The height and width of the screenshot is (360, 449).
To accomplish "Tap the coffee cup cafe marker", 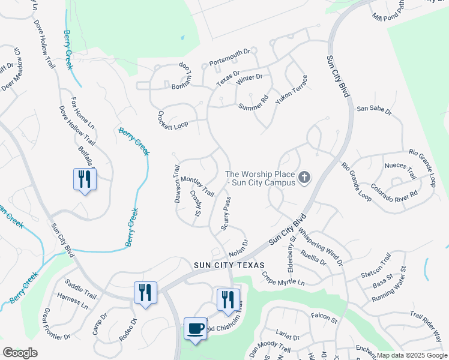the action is (x=194, y=329).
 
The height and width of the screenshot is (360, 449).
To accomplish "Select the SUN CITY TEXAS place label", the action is (x=234, y=265).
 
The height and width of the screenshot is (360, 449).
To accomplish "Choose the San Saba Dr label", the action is (x=374, y=110).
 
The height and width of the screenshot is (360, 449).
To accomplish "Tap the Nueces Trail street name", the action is (x=400, y=169).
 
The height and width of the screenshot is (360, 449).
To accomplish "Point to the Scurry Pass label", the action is (x=226, y=213).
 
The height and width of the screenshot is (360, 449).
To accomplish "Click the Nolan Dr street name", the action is (x=238, y=245).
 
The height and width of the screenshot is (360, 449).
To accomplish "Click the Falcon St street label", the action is (x=324, y=314).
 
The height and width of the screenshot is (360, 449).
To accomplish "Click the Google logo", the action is (x=20, y=353).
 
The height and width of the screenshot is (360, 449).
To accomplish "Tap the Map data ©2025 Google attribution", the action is (x=411, y=355).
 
